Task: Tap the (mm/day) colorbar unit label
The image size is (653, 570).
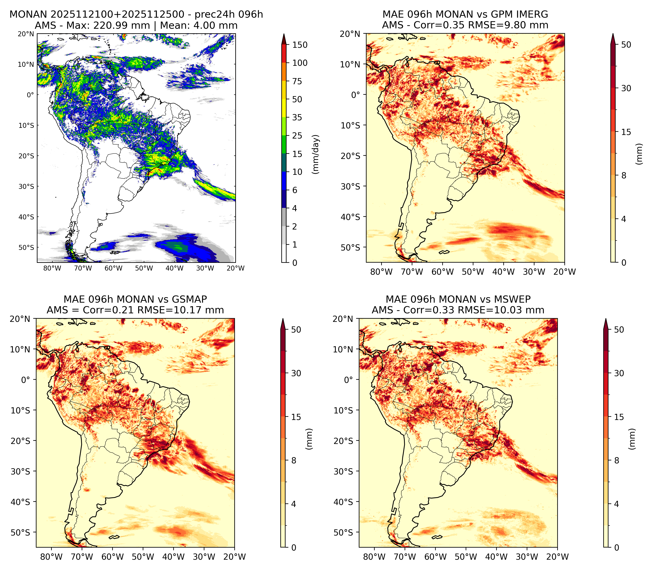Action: click(x=316, y=154)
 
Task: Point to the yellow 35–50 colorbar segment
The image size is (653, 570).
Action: click(x=284, y=108)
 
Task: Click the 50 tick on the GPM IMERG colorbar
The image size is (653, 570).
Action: click(x=626, y=45)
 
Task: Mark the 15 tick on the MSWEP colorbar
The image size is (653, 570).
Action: click(x=619, y=417)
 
